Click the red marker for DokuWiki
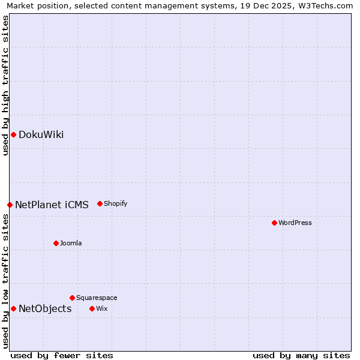pos(13,134)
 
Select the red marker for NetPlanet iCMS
pos(10,205)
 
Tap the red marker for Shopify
pos(100,203)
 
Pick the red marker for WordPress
pos(274,223)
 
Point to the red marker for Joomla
pos(56,243)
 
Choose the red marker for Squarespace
pos(72,298)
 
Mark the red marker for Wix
pos(92,308)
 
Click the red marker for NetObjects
pos(13,308)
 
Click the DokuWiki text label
pos(41,134)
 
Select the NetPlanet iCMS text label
pos(52,205)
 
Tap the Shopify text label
pos(116,203)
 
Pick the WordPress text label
pos(295,223)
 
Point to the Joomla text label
pos(71,243)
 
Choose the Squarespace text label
pos(97,298)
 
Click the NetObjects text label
pos(45,308)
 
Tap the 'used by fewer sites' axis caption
pos(62,355)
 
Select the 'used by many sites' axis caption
pos(301,355)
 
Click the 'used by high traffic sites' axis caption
pos(5,85)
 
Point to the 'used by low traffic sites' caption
pos(5,281)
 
